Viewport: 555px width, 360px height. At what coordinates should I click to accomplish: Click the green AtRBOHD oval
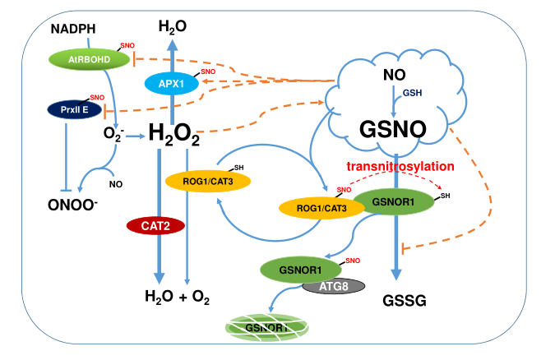(x=86, y=58)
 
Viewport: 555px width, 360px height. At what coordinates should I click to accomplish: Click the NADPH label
(x=73, y=30)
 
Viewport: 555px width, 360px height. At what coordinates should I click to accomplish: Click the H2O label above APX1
(x=172, y=28)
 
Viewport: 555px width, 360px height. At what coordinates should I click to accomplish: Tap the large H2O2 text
(x=174, y=134)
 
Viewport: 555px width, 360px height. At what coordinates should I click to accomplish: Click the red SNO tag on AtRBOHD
(x=127, y=45)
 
